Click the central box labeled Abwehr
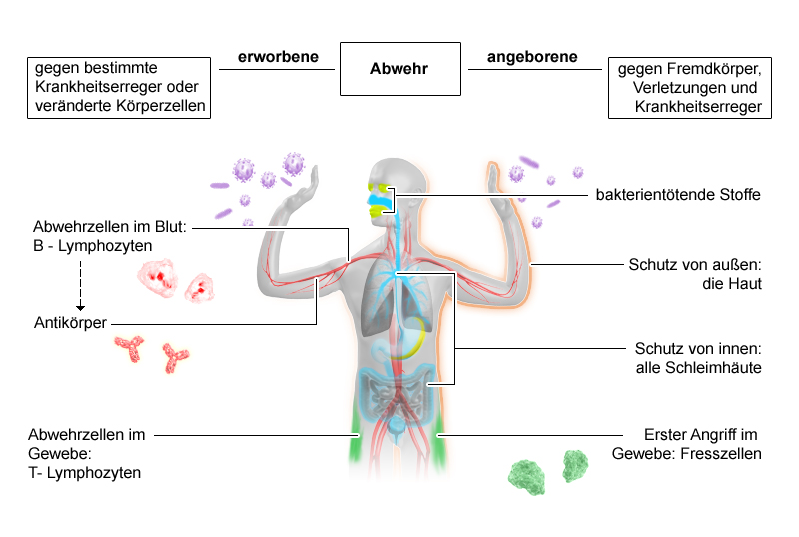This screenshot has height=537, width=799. (400, 69)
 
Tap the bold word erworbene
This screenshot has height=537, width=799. (278, 57)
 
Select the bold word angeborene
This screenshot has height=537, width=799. (532, 57)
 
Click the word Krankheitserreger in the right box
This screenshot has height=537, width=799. (698, 107)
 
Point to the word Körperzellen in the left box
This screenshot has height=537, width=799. (161, 106)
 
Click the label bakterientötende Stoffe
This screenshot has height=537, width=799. (678, 194)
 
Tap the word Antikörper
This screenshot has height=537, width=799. (70, 323)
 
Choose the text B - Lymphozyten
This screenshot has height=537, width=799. (92, 246)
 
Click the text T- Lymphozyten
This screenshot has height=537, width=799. (85, 473)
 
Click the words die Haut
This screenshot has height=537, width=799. (732, 284)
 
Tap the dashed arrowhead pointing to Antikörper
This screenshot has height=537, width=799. (80, 308)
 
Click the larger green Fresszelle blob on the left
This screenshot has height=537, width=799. (527, 477)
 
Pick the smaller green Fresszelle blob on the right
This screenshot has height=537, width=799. (575, 466)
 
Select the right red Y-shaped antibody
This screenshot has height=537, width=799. (174, 358)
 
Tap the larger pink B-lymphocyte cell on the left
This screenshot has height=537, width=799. (157, 277)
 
